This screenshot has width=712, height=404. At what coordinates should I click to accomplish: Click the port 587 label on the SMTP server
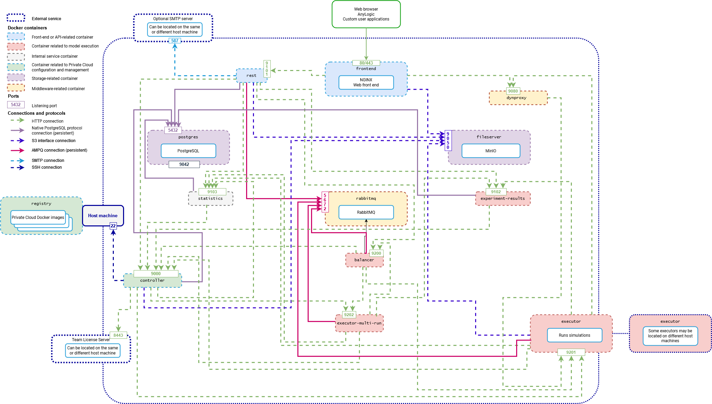(175, 41)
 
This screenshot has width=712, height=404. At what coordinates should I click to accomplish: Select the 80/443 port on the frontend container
(366, 63)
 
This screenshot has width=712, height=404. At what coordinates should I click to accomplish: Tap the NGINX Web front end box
(366, 82)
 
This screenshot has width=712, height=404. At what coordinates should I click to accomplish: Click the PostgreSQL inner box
(188, 151)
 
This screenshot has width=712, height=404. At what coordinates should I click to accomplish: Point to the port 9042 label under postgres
(184, 164)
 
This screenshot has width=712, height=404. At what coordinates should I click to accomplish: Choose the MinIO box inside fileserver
(491, 151)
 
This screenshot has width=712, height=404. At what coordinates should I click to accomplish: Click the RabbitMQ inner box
(366, 212)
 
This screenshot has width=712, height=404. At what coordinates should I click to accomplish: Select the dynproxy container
(518, 98)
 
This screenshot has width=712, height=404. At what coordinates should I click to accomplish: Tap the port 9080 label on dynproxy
(513, 91)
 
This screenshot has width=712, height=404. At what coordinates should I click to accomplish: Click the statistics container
(211, 199)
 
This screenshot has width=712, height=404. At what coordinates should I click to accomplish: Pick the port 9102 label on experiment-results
(496, 192)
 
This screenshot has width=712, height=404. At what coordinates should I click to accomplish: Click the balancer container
(364, 260)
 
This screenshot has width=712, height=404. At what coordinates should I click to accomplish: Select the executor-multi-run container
(359, 323)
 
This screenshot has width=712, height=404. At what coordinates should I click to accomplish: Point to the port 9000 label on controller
(156, 274)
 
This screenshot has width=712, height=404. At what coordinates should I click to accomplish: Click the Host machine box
(103, 215)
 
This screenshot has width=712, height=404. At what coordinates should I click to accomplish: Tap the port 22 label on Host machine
(113, 226)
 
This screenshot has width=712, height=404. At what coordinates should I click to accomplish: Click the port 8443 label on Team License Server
(118, 335)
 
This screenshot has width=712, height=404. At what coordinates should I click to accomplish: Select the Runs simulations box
(575, 335)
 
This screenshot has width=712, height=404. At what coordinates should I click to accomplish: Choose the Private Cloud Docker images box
(38, 217)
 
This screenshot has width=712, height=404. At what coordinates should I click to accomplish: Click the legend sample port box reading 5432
(16, 105)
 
